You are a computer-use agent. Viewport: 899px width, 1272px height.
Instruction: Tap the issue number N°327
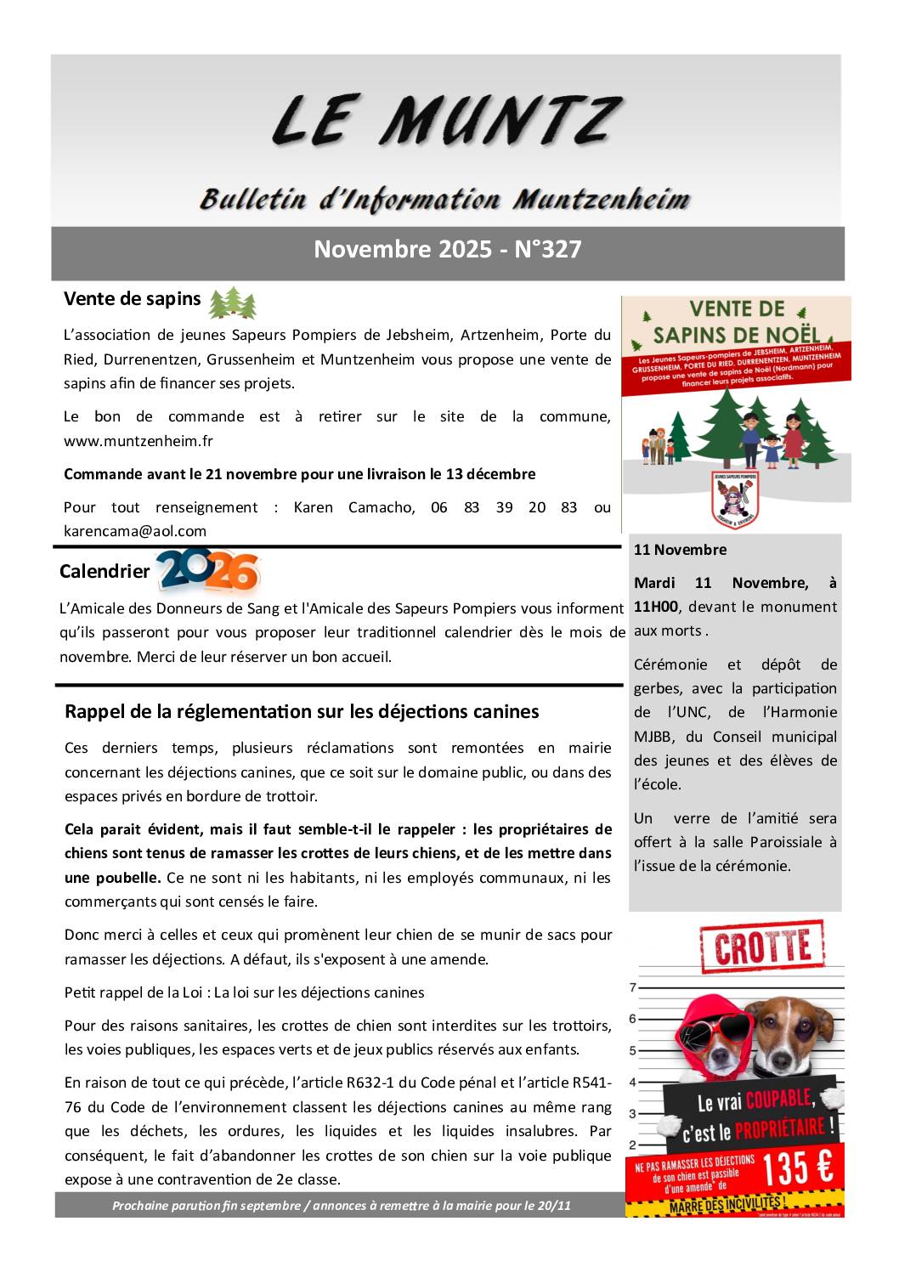pos(548,249)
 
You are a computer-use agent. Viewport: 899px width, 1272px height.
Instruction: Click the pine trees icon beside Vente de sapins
pos(232,302)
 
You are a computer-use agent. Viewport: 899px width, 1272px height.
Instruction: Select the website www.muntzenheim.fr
pos(139,441)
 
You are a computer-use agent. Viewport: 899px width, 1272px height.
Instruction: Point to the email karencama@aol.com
pos(135,531)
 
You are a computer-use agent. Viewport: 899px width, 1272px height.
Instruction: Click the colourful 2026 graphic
pos(208,571)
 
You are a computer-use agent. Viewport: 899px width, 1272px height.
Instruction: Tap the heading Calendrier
pos(104,572)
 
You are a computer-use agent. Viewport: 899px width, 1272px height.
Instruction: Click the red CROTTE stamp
pos(762,947)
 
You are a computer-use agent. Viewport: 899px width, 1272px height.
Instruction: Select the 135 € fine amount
pos(797,1169)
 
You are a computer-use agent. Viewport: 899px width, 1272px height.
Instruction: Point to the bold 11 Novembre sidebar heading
pos(680,550)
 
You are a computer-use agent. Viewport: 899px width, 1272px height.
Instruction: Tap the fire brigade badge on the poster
pos(735,499)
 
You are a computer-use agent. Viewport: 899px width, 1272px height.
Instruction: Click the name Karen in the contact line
pos(314,507)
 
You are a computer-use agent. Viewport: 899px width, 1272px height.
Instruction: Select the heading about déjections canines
pos(302,711)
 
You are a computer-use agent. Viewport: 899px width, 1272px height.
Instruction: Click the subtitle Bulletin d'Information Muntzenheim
pos(444,200)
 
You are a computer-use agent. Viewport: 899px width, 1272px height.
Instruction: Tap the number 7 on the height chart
pos(632,987)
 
